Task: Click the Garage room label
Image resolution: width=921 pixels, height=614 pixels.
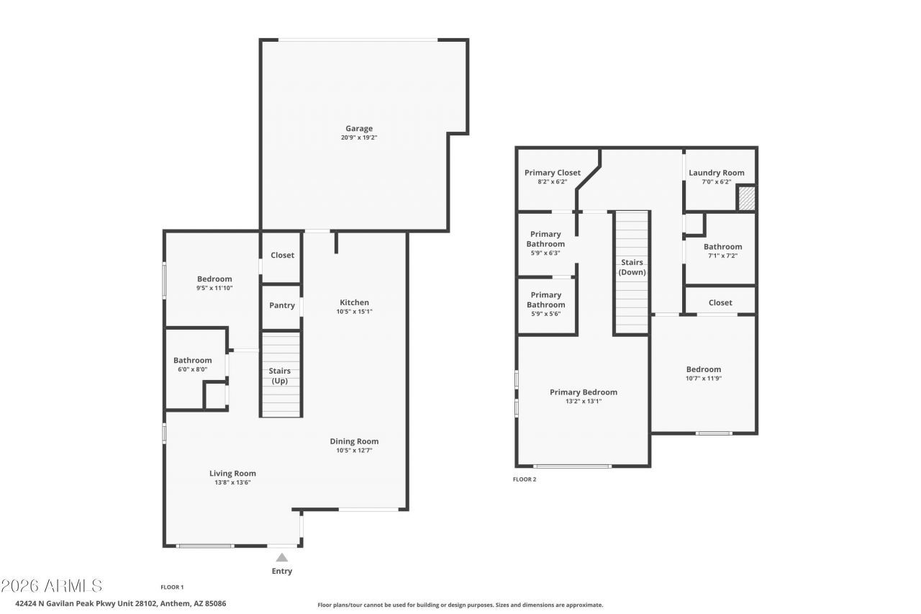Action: click(x=359, y=129)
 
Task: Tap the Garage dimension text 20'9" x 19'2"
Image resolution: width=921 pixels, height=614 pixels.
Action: click(x=359, y=137)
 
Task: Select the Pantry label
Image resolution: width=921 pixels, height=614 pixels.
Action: click(x=282, y=306)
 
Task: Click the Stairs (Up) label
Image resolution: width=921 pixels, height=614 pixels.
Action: click(x=280, y=376)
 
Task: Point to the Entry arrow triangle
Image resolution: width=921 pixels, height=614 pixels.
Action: click(x=281, y=557)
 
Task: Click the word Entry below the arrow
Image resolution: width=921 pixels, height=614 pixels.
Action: click(x=282, y=572)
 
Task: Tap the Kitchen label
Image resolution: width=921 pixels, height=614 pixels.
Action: click(x=355, y=302)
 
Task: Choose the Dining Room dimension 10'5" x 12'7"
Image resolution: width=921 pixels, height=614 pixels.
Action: click(x=355, y=451)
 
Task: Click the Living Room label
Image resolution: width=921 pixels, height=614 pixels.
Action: click(x=232, y=474)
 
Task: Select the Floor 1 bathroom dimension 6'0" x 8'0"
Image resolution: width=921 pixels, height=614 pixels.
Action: click(x=192, y=369)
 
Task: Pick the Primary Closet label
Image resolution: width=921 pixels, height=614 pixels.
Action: click(x=553, y=173)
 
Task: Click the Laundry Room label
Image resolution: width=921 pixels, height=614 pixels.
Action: click(x=717, y=173)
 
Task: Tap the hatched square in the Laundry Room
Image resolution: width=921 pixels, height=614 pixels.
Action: click(x=747, y=199)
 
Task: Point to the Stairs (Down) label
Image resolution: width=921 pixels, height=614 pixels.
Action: click(x=632, y=267)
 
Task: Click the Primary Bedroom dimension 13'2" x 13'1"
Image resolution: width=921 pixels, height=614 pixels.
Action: click(x=584, y=402)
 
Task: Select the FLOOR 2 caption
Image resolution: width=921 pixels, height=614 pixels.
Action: click(x=525, y=479)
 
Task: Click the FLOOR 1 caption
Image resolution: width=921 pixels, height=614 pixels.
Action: click(x=172, y=587)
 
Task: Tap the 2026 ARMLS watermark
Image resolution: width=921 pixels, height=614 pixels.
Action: click(x=52, y=586)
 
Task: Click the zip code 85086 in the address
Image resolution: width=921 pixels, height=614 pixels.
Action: click(x=215, y=604)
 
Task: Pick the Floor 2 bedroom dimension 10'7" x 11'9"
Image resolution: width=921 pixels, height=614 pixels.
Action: click(x=704, y=379)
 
